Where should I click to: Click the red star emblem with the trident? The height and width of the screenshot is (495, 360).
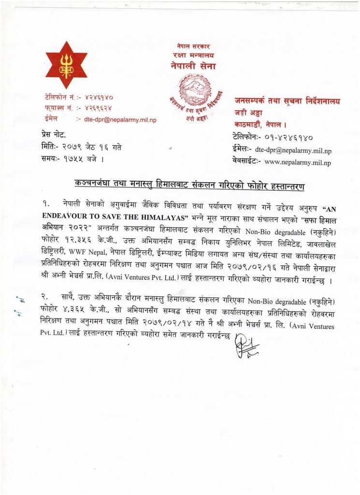click(66, 66)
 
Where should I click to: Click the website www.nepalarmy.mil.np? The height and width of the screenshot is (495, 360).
click(298, 162)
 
